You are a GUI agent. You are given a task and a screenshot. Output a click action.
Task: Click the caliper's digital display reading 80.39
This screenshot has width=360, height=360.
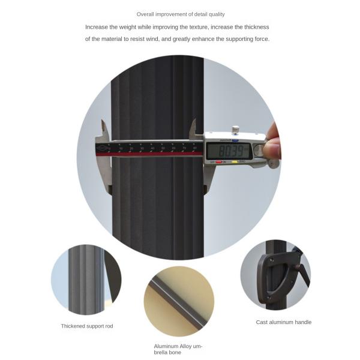click(229, 151)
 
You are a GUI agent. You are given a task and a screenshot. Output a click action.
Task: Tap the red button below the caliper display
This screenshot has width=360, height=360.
click(218, 162)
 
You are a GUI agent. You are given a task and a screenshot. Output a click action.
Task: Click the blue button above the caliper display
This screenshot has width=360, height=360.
click(235, 140)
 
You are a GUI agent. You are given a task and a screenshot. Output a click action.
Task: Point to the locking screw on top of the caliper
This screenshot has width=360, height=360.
click(235, 130)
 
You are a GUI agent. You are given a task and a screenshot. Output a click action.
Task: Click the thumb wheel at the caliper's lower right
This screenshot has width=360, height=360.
click(274, 163)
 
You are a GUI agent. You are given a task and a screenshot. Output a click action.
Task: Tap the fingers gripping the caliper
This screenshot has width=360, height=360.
click(272, 142)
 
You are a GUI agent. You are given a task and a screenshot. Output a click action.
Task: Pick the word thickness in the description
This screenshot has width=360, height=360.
click(256, 27)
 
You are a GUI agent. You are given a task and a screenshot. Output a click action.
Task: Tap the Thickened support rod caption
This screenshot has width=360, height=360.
click(87, 326)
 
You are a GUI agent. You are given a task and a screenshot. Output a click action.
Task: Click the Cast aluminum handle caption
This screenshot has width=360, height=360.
click(284, 322)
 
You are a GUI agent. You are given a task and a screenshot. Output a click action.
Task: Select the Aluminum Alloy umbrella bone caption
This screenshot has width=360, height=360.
click(178, 349)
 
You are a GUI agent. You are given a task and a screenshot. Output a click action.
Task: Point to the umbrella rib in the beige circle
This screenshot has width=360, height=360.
click(179, 301)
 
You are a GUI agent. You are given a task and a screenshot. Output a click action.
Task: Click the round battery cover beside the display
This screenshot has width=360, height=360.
click(259, 151)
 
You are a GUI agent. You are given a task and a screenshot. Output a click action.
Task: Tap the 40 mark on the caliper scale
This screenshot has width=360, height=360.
click(152, 148)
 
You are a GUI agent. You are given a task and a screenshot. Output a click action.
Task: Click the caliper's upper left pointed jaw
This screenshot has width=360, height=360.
click(104, 128)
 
